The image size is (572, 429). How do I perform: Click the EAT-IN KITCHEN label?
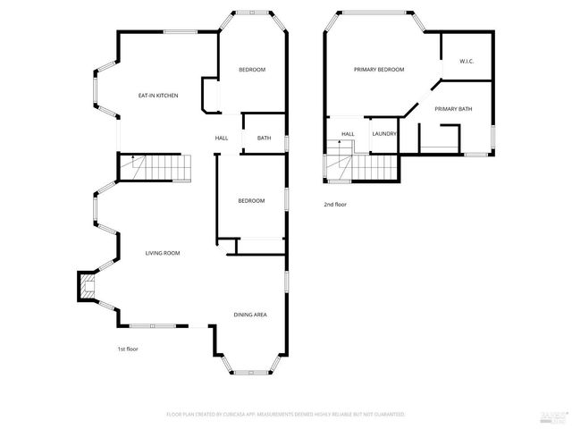[x=157, y=96]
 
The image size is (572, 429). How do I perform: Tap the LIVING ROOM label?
[x=163, y=253]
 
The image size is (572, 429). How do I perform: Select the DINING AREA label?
[x=250, y=315]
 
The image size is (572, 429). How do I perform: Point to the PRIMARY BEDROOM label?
[x=379, y=70]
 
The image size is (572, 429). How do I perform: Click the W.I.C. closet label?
[x=466, y=62]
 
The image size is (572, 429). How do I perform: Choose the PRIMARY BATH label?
[x=453, y=109]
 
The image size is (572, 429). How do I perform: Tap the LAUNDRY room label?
[x=384, y=134]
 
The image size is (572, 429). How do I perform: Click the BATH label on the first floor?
[x=265, y=138]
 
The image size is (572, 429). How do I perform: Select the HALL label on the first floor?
[x=222, y=138]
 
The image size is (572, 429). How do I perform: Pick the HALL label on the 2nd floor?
[x=348, y=134]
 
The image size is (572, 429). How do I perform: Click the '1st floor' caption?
[x=128, y=349]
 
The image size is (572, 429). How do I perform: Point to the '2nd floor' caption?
[x=335, y=205]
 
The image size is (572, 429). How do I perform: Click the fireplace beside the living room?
[x=87, y=288]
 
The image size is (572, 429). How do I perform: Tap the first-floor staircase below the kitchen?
[x=157, y=165]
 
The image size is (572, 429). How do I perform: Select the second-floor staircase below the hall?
[x=362, y=166]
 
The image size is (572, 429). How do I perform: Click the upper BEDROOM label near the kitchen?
[x=252, y=70]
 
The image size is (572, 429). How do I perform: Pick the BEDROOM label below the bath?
[x=251, y=200]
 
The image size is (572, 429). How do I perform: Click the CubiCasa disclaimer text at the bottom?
[x=286, y=415]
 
